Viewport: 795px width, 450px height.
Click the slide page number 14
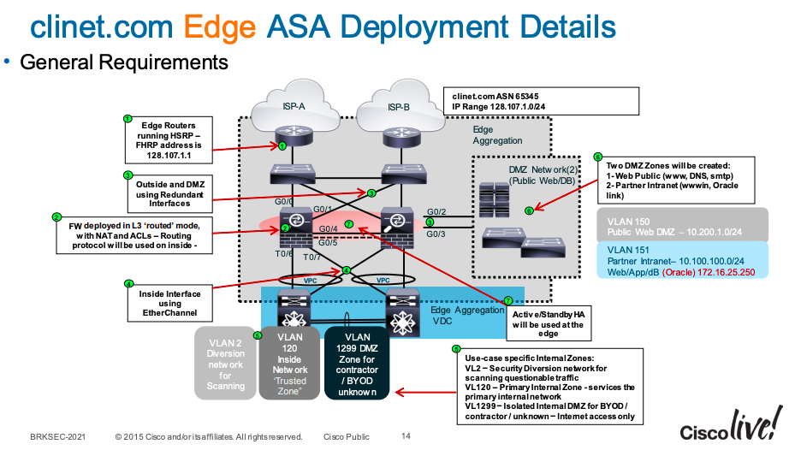[x=406, y=436]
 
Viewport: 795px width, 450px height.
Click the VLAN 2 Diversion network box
[x=225, y=362]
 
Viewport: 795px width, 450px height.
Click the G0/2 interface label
[x=436, y=210]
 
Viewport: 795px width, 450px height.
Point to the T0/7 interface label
[x=311, y=257]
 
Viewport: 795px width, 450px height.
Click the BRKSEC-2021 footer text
[x=55, y=436]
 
